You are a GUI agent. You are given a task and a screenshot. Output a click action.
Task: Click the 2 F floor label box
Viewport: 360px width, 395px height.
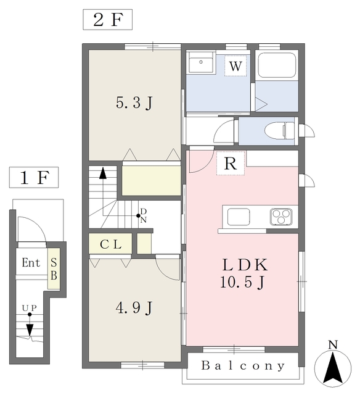[108, 20]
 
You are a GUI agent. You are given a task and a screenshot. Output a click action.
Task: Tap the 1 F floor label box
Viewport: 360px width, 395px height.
[34, 177]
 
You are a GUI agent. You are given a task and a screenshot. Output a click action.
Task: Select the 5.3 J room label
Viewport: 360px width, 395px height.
[134, 103]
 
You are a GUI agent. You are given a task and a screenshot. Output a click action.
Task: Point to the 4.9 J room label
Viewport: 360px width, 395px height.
[134, 308]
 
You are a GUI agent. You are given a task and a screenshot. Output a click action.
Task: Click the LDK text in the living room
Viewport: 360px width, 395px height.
[245, 265]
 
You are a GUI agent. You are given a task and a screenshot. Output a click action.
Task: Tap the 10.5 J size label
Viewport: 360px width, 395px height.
[243, 282]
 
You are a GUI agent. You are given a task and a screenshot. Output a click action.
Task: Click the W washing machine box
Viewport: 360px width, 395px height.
[235, 66]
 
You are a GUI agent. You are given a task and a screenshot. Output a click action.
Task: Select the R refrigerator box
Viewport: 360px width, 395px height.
[231, 163]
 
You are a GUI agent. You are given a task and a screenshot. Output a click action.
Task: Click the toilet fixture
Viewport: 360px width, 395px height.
[279, 130]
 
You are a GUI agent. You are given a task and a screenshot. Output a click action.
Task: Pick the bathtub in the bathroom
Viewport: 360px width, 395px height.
[277, 65]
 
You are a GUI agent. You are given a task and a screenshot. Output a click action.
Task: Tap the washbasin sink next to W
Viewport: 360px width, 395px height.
[201, 63]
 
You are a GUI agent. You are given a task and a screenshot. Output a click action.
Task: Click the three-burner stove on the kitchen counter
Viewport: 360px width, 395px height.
[281, 217]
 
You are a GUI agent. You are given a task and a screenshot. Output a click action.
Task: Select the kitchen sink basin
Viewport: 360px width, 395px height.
[239, 217]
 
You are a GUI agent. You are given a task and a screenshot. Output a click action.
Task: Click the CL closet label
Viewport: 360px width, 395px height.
[111, 244]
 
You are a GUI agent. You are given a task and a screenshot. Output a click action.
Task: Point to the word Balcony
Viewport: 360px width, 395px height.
[243, 366]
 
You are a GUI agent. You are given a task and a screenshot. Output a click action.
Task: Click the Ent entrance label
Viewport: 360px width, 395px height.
[31, 263]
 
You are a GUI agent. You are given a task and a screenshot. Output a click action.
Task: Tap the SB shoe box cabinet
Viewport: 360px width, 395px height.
[54, 268]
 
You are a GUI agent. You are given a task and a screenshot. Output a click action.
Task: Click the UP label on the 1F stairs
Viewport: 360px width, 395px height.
[30, 308]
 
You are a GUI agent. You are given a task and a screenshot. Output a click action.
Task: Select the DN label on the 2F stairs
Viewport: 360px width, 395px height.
[144, 215]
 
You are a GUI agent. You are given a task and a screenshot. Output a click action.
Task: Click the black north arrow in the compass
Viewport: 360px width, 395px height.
[333, 368]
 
